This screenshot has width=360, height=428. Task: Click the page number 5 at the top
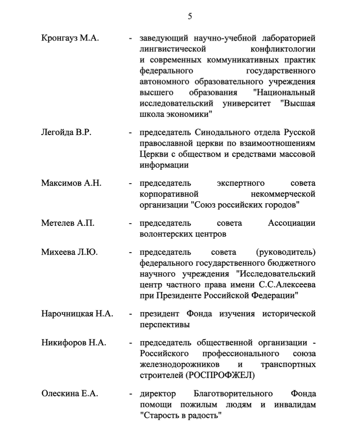point(190,16)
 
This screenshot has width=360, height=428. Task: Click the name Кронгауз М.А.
point(70,39)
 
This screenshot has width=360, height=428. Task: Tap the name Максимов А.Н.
point(71,183)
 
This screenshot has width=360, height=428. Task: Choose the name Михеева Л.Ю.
point(69,253)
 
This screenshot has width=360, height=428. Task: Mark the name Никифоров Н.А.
point(74,343)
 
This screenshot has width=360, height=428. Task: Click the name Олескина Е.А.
point(70,394)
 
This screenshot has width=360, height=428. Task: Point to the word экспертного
point(242,183)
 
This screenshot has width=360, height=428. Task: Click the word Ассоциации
point(291,223)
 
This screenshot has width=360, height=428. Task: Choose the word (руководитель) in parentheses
point(285,253)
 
